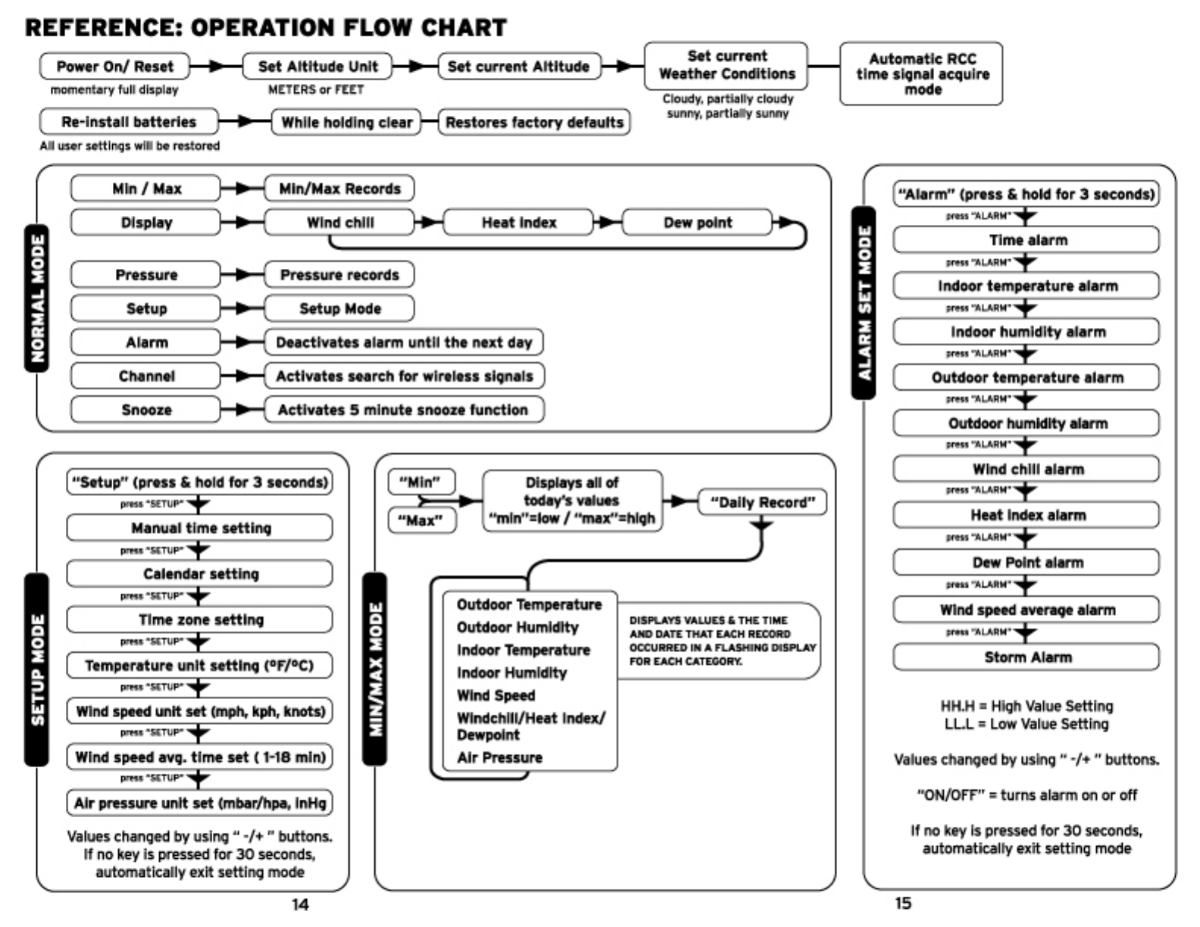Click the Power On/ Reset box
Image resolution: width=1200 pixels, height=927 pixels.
114,67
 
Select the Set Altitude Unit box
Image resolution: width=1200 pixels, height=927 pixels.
317,67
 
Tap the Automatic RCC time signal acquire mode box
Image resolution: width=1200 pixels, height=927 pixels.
921,73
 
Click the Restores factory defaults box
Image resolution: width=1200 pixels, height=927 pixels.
534,122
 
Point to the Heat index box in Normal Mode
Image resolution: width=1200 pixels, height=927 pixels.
518,223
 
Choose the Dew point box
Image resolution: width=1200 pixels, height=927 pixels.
697,223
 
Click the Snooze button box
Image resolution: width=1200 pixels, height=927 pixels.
146,410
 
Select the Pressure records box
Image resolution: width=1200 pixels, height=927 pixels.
339,275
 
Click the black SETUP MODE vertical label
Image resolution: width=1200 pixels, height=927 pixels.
37,669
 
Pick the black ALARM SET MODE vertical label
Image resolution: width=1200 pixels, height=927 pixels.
864,302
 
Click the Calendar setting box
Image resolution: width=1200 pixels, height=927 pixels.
200,574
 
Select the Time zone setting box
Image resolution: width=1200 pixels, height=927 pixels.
200,620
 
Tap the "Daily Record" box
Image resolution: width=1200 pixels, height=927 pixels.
761,502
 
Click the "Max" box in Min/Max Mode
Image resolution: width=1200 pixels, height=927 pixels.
422,521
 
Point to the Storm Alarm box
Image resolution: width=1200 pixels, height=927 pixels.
1027,657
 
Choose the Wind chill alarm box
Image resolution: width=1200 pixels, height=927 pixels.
1027,470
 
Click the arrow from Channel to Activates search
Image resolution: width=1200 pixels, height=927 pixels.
242,376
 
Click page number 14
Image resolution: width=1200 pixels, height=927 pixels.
300,904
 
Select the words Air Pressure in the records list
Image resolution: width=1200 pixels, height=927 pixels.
499,757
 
